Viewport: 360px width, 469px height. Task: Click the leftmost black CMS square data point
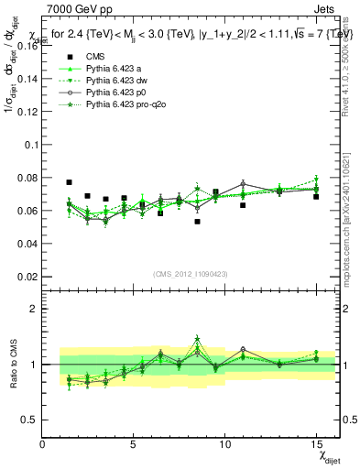(70, 182)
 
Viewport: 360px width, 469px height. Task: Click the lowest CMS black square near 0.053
(197, 222)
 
